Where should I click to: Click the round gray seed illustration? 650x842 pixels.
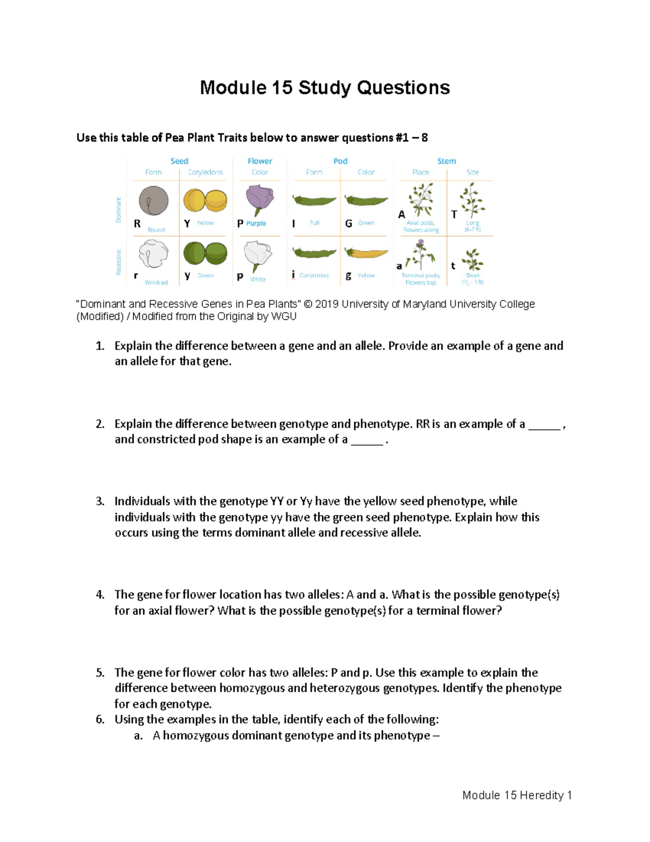[153, 201]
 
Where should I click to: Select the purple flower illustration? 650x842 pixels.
[259, 199]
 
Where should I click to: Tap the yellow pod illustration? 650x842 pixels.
[367, 253]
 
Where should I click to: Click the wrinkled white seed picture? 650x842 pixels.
[153, 254]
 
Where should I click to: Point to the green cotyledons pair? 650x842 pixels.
[205, 253]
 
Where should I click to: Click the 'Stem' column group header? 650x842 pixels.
[446, 161]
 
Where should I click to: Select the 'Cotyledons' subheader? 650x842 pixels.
[205, 172]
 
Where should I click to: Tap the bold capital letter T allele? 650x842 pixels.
[454, 215]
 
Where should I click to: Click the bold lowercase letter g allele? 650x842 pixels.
[348, 275]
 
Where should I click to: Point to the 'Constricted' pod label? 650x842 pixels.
[314, 275]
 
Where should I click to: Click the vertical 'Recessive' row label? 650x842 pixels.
[119, 262]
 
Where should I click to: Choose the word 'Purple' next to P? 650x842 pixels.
[256, 223]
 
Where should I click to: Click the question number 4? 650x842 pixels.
[100, 595]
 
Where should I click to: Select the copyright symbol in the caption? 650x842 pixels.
[308, 304]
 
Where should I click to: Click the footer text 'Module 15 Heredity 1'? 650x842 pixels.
[517, 795]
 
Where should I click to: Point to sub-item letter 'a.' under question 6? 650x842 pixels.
[138, 736]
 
